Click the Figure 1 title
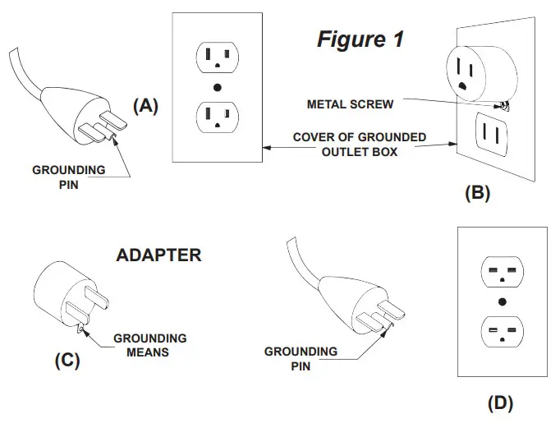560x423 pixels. point(360,39)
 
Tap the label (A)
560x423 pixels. point(145,106)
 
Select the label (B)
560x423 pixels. point(478,193)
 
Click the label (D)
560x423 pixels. point(500,403)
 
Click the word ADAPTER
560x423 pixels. point(159,255)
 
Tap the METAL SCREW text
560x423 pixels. point(350,104)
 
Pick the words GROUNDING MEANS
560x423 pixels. point(149,345)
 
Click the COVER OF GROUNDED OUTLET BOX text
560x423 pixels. point(360,145)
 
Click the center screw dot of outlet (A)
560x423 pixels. point(217,88)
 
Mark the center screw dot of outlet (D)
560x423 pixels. point(503,302)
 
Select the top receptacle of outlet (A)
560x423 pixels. point(218,57)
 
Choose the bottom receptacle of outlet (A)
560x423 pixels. point(218,117)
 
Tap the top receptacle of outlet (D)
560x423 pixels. point(503,272)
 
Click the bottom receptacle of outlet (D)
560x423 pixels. point(503,332)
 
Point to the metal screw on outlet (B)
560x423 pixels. point(504,105)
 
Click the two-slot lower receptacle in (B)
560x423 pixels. point(491,135)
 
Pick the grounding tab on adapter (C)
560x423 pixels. point(81,327)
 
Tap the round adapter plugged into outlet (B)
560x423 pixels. point(482,73)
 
